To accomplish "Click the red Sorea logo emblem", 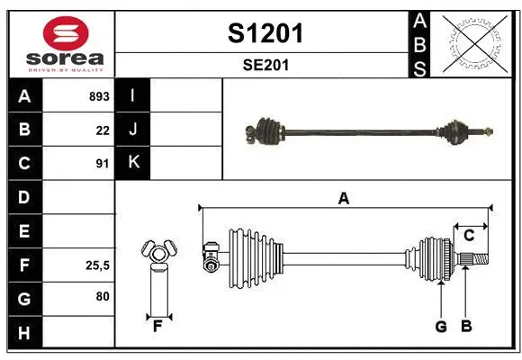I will coord(60,33).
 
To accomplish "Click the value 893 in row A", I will coord(99,96).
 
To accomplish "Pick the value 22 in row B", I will coord(103,130).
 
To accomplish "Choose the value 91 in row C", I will coord(103,164).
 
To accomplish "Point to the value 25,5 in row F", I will coord(97,265).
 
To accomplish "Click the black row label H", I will coord(24,332).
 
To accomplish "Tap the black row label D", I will coord(24,197).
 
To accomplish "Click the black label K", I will coord(133,163).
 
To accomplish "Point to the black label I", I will coord(133,95).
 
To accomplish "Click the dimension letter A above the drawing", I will coord(343,198).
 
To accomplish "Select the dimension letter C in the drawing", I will coord(469,236).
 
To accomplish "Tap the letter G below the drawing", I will coord(440,327).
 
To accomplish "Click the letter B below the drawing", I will coord(465,327).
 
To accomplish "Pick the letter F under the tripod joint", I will coord(157,327).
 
